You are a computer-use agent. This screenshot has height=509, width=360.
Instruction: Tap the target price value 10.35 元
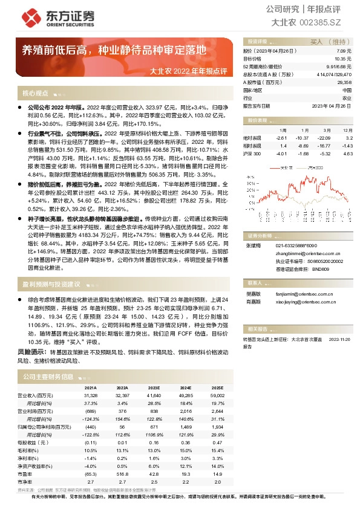point(344,59)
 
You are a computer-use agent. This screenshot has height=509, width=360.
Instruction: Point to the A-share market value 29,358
point(344,82)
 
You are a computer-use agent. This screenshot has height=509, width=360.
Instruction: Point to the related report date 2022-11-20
point(339,340)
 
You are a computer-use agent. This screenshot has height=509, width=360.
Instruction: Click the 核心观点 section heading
point(35,94)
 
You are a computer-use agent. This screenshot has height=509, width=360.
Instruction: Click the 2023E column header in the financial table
point(153,387)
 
